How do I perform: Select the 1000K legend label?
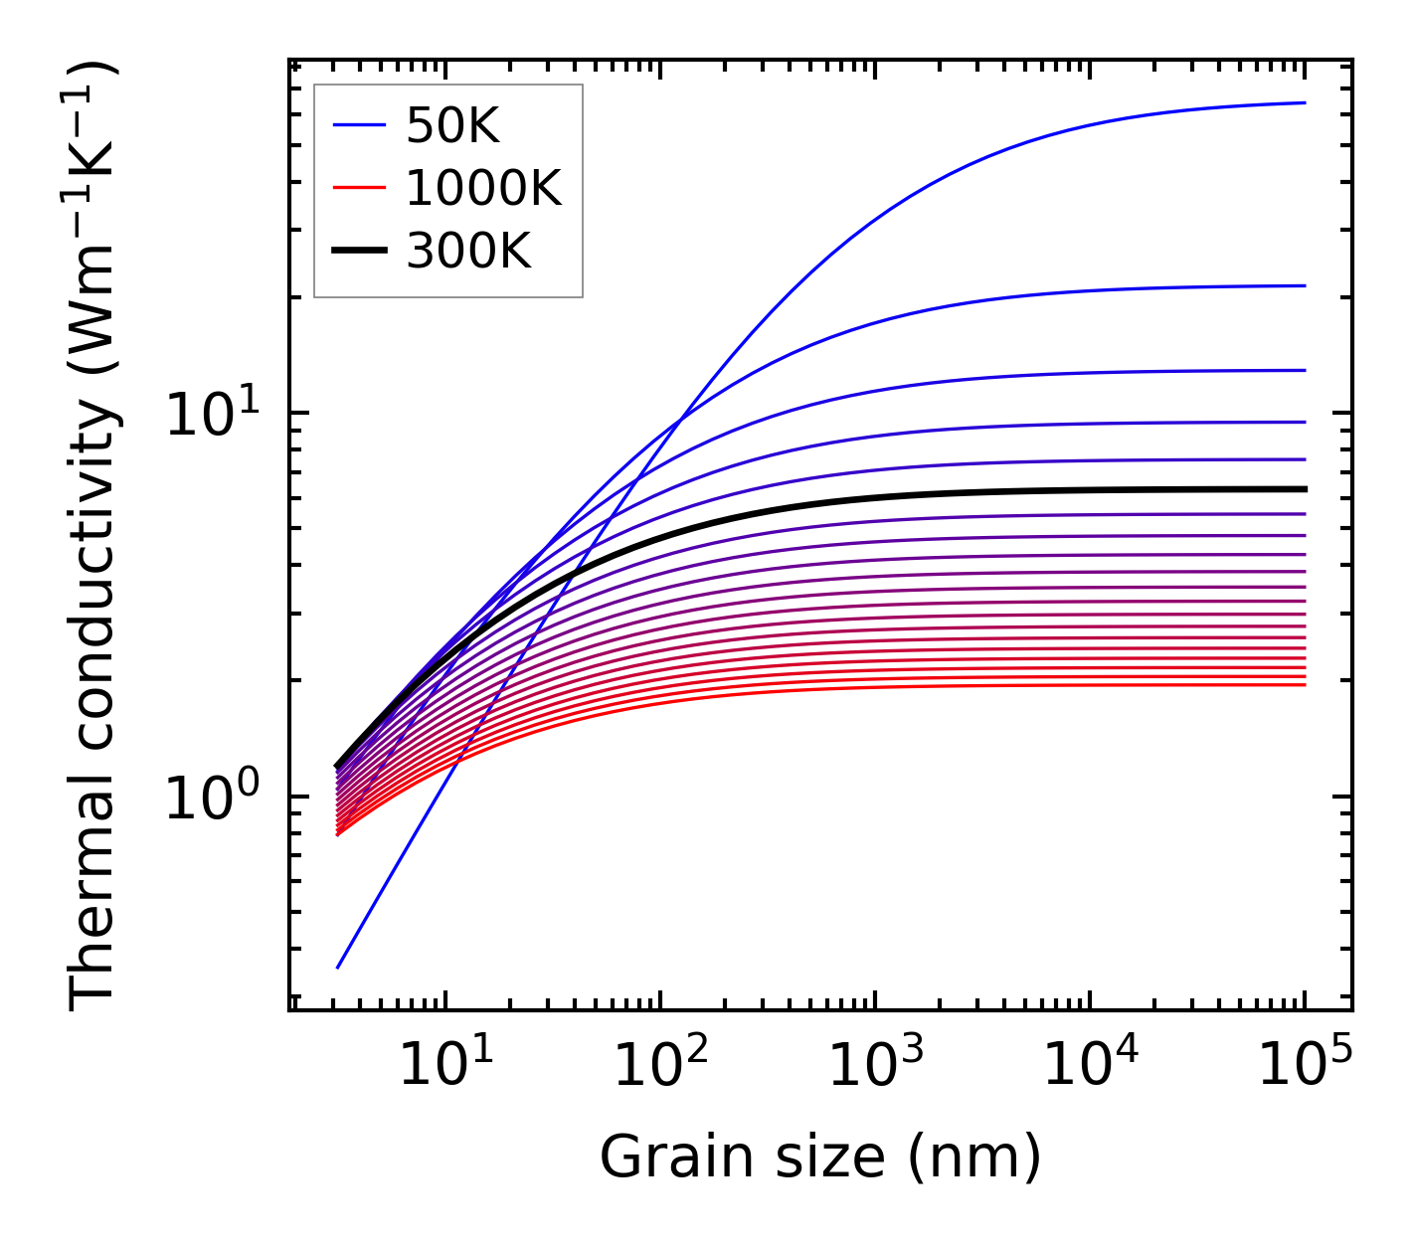483,188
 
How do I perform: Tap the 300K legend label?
468,252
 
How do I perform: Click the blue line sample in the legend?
359,125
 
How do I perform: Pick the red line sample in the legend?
359,188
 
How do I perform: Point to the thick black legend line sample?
359,252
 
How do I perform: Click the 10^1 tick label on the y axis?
212,414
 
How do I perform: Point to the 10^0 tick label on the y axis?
212,798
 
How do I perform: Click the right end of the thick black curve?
1304,489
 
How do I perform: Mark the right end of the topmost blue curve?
1304,102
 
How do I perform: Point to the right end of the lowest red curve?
1304,685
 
